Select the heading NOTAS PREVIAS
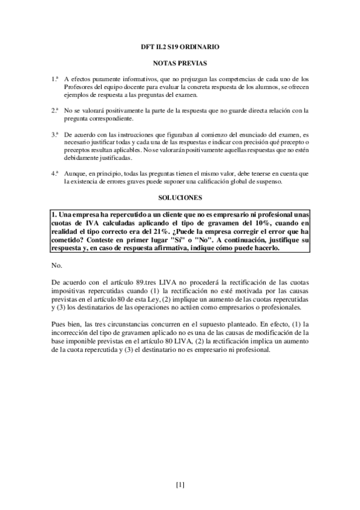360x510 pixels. [x=180, y=62]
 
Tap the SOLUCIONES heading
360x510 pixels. [x=180, y=197]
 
